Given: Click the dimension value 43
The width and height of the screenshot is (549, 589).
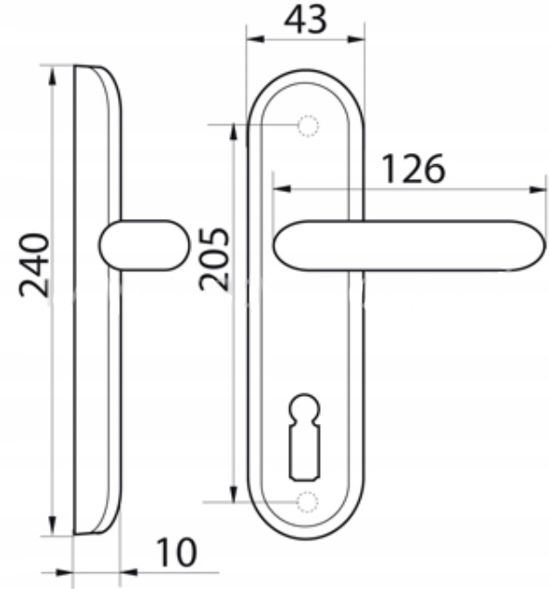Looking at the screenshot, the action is pyautogui.click(x=305, y=19).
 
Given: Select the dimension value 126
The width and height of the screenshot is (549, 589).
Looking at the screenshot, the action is pyautogui.click(x=414, y=170).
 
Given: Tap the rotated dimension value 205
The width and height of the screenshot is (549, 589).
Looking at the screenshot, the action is pyautogui.click(x=213, y=259).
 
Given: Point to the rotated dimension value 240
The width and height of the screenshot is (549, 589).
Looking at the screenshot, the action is pyautogui.click(x=34, y=265).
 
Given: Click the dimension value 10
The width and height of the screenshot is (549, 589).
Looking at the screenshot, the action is pyautogui.click(x=176, y=552).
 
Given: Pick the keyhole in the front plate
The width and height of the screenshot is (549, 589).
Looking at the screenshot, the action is pyautogui.click(x=304, y=437).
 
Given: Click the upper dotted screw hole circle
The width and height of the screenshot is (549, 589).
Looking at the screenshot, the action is pyautogui.click(x=308, y=126).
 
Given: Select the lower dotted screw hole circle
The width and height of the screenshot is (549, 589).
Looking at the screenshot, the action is pyautogui.click(x=308, y=502).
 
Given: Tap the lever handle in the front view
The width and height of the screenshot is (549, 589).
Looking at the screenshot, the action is pyautogui.click(x=409, y=245).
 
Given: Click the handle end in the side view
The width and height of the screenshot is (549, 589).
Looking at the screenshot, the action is pyautogui.click(x=145, y=245).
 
